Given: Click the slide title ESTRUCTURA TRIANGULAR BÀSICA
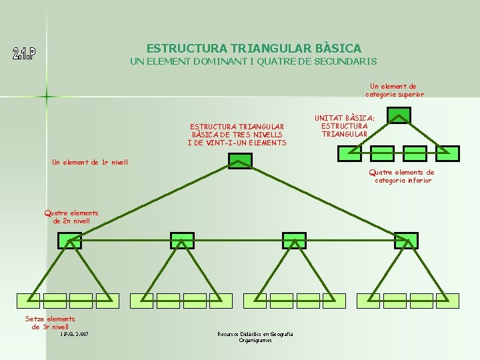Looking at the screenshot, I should (253, 48).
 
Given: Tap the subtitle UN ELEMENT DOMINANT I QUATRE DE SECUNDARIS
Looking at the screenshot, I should (253, 61).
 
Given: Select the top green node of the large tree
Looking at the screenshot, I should (240, 161).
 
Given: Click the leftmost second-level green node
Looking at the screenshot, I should (69, 241).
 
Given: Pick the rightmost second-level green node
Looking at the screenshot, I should (406, 241).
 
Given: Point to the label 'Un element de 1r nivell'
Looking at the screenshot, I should (90, 162).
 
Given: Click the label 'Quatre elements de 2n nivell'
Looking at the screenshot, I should (71, 217).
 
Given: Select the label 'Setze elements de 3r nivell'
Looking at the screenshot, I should (50, 323).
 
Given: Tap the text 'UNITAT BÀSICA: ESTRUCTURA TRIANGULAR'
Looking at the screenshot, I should (345, 126).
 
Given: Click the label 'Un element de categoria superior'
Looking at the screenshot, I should (394, 90).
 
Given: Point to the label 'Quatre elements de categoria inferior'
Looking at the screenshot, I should (402, 176).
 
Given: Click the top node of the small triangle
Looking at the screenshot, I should (399, 115).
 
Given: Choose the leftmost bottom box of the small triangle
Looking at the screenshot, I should (349, 153).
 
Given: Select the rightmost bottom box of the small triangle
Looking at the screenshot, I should (448, 153).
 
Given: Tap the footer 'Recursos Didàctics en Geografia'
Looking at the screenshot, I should (255, 334).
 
